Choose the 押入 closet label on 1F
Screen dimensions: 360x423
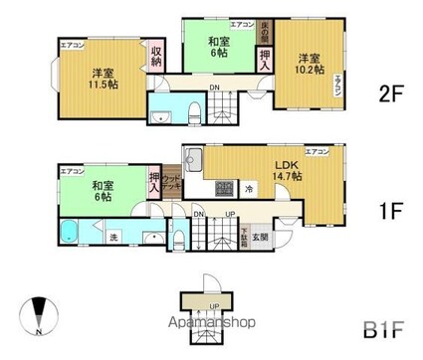click(x=154, y=182)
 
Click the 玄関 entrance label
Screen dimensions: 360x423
click(x=259, y=235)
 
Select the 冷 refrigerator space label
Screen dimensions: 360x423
click(x=249, y=189)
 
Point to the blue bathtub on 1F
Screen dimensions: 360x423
click(x=72, y=236)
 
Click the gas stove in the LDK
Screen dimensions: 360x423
click(x=224, y=189)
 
